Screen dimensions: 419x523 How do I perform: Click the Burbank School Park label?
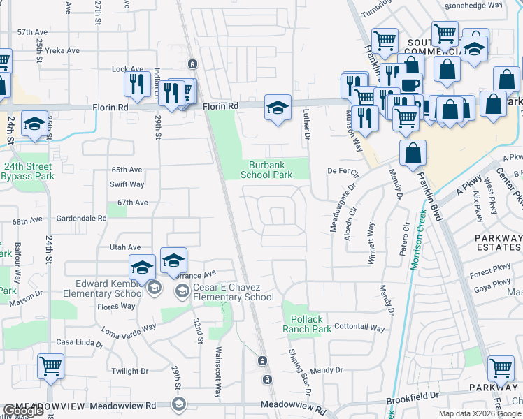(x=266, y=170)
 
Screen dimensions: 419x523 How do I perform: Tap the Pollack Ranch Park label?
(x=307, y=324)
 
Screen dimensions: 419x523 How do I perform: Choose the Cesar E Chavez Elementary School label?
(x=224, y=292)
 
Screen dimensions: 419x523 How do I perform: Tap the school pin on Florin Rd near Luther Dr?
(x=278, y=109)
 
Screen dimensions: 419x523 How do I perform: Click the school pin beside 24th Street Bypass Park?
(x=34, y=124)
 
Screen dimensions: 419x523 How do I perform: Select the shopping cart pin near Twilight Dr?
(x=50, y=365)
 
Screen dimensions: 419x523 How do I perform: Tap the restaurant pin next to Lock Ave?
(x=137, y=85)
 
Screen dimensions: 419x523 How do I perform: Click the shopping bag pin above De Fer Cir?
(x=413, y=153)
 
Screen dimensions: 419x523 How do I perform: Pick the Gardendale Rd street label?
(x=82, y=218)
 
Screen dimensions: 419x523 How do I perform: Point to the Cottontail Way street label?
(x=359, y=328)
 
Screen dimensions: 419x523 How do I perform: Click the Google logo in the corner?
(x=22, y=411)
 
